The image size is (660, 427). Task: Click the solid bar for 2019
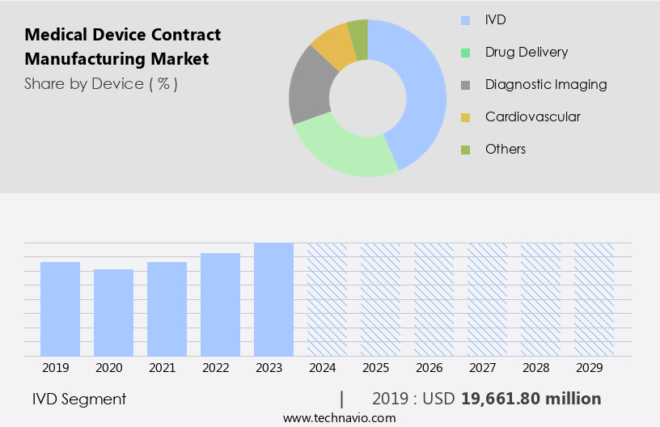(x=60, y=309)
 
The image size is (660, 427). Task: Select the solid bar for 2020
(x=113, y=312)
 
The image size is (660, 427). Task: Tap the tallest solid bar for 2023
(x=273, y=299)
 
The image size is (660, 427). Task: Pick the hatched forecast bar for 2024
(x=327, y=299)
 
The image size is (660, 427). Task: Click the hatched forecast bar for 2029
(x=594, y=299)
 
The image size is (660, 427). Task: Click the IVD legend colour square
(x=465, y=19)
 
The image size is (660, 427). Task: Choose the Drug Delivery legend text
(x=527, y=52)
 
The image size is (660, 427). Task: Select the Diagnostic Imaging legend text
(x=546, y=84)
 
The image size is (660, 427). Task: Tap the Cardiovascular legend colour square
(x=465, y=117)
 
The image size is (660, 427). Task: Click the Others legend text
(x=506, y=149)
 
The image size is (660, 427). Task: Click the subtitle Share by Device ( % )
(x=101, y=83)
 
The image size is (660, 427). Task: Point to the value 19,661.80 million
(x=531, y=399)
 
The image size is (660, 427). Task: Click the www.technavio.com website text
(x=339, y=418)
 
